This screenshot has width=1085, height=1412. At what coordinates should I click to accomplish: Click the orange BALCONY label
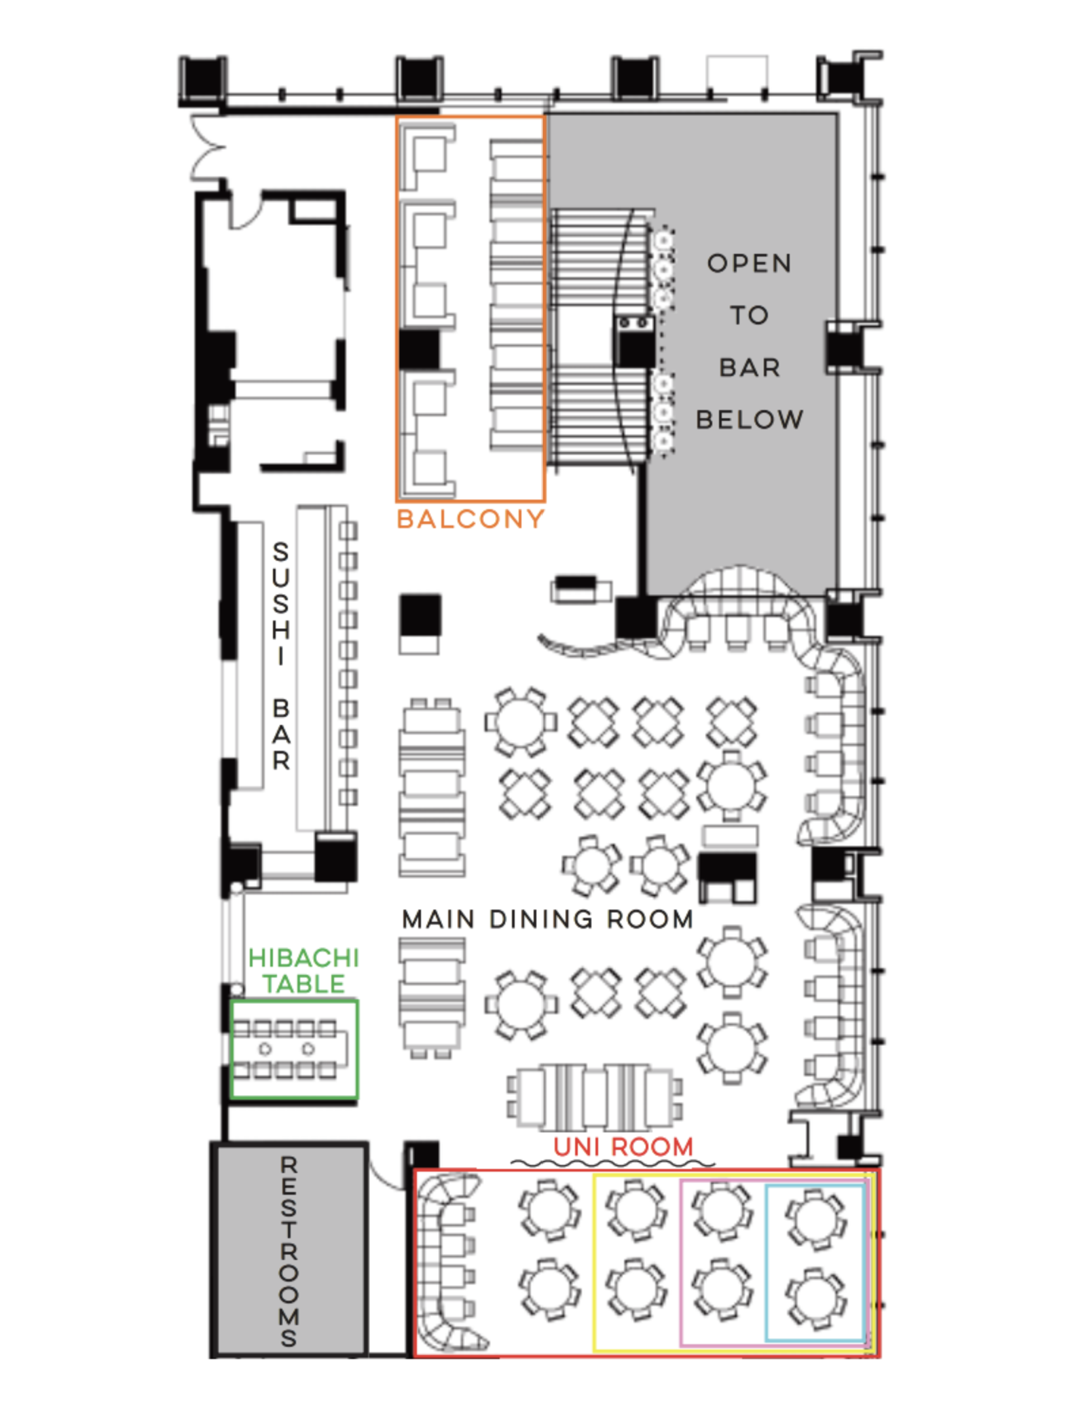tap(470, 519)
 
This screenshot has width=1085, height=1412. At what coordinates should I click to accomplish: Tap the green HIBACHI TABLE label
tap(303, 971)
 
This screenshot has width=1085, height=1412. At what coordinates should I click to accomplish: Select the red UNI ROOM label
tap(623, 1147)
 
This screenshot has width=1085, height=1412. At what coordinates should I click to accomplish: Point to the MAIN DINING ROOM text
tap(547, 919)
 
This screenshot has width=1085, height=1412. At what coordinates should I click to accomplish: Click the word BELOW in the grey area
tap(749, 420)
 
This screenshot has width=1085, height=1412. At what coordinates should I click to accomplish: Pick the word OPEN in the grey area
tap(749, 263)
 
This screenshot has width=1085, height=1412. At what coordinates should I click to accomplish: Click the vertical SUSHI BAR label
tap(280, 655)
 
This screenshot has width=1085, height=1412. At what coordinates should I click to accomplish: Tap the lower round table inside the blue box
tap(815, 1297)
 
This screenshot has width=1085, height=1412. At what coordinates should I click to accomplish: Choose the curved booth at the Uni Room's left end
tap(445, 1261)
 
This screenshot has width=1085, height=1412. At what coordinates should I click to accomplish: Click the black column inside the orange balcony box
tap(419, 349)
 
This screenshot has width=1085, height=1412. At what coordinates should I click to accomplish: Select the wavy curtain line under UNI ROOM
tap(611, 1164)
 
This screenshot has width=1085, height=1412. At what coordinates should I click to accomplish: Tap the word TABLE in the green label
tap(304, 984)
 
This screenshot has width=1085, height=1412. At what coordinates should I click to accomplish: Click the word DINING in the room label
tap(541, 919)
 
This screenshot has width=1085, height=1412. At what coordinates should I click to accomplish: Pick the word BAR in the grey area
tap(749, 367)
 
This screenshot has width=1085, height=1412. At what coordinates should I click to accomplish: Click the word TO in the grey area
tap(749, 316)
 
